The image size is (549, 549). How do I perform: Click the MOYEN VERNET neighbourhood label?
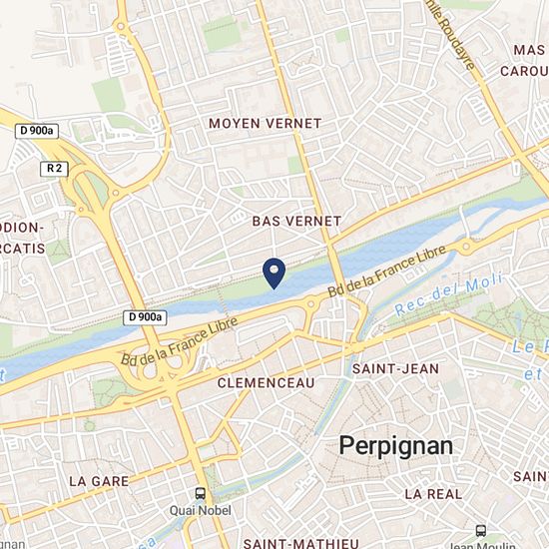click(x=265, y=123)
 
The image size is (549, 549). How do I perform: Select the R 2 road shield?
click(x=55, y=169)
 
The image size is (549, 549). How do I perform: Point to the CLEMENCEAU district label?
click(x=266, y=382)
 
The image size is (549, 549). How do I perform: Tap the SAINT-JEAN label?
click(x=395, y=368)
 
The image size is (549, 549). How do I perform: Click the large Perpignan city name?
click(x=396, y=445)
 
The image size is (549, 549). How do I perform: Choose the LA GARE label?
click(x=94, y=480)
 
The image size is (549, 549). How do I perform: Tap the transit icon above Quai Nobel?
click(x=201, y=494)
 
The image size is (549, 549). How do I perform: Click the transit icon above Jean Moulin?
click(x=482, y=531)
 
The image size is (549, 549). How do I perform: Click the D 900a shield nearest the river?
click(x=144, y=317)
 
